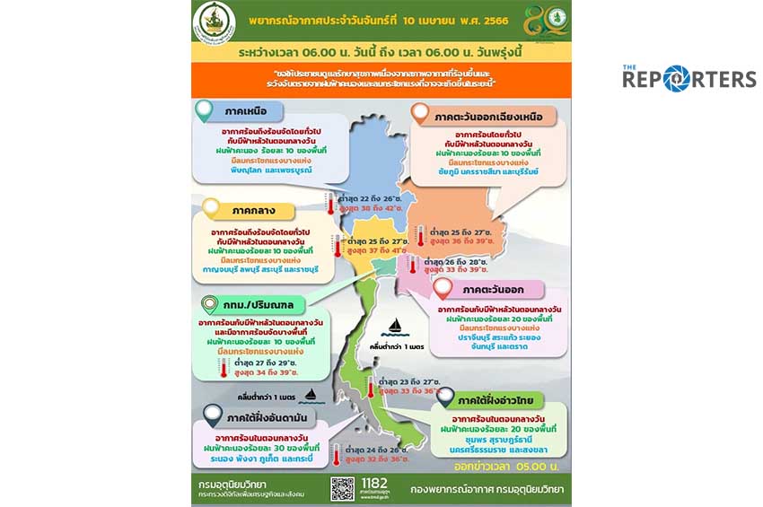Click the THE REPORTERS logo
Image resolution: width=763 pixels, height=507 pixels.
point(689,78)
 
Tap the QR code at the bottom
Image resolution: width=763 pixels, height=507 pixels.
point(342,488)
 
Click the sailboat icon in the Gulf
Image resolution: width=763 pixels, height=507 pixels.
point(395,327)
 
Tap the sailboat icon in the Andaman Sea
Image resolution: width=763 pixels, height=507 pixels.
point(311,394)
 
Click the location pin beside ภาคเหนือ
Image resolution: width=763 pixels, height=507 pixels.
point(205,110)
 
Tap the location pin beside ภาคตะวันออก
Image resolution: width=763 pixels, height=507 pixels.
point(443,289)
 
